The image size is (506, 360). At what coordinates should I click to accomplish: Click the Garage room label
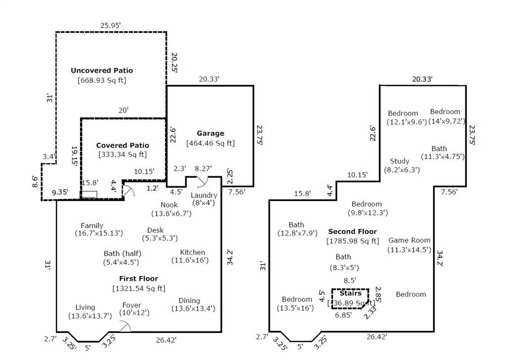[x=211, y=133]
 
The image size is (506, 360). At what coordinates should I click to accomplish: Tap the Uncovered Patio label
[x=102, y=70]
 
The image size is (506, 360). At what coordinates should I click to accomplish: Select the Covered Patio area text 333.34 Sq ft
[x=123, y=155]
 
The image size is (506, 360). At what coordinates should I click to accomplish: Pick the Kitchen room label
[x=192, y=252]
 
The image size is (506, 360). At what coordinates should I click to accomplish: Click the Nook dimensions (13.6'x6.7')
[x=171, y=213]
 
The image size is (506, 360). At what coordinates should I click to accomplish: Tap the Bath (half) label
[x=123, y=254]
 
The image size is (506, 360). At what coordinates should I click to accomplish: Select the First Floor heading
[x=139, y=279]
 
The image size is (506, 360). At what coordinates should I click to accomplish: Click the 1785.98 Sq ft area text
[x=353, y=241]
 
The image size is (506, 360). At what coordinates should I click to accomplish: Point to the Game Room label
[x=409, y=240]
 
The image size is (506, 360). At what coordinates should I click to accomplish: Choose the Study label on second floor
[x=399, y=161]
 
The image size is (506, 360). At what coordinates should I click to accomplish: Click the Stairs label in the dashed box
[x=350, y=293]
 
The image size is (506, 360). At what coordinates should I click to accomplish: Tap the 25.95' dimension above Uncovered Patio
[x=110, y=25]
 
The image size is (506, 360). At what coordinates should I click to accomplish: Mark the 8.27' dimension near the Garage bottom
[x=203, y=168]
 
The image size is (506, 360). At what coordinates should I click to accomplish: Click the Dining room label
[x=189, y=301]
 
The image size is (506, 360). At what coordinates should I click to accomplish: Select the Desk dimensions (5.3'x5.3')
[x=160, y=238]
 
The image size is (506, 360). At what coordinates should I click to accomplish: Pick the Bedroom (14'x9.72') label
[x=447, y=116]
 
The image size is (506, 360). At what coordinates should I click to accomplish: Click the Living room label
[x=85, y=307]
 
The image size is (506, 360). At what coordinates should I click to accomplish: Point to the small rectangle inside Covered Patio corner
[x=89, y=195]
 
